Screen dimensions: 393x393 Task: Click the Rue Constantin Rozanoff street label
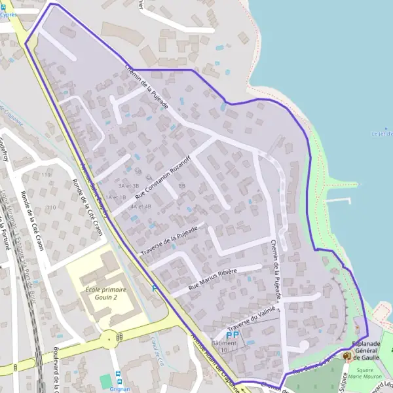163,176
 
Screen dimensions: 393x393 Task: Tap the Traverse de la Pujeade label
168,242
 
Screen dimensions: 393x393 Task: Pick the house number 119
46,176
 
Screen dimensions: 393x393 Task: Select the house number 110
50,208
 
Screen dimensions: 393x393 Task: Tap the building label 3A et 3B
128,186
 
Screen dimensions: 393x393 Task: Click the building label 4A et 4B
141,206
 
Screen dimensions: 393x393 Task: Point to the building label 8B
181,186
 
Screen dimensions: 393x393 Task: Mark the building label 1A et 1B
116,197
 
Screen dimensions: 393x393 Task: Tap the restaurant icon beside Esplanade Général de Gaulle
346,356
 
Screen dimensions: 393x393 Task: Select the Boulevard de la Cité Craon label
56,367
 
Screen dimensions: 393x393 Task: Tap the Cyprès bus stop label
9,13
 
